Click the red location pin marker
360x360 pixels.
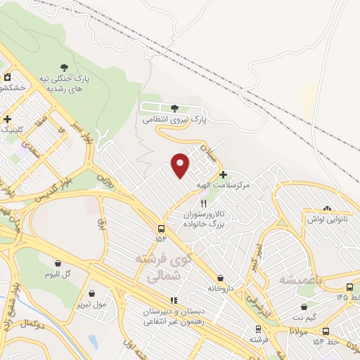click(x=181, y=165)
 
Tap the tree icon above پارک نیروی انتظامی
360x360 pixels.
click(x=174, y=108)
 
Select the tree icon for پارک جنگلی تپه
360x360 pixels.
click(x=65, y=67)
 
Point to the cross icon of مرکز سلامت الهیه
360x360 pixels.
click(x=223, y=174)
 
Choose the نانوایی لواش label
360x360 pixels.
click(x=325, y=219)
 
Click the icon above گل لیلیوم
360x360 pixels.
click(x=58, y=264)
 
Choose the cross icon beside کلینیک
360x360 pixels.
click(x=7, y=119)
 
